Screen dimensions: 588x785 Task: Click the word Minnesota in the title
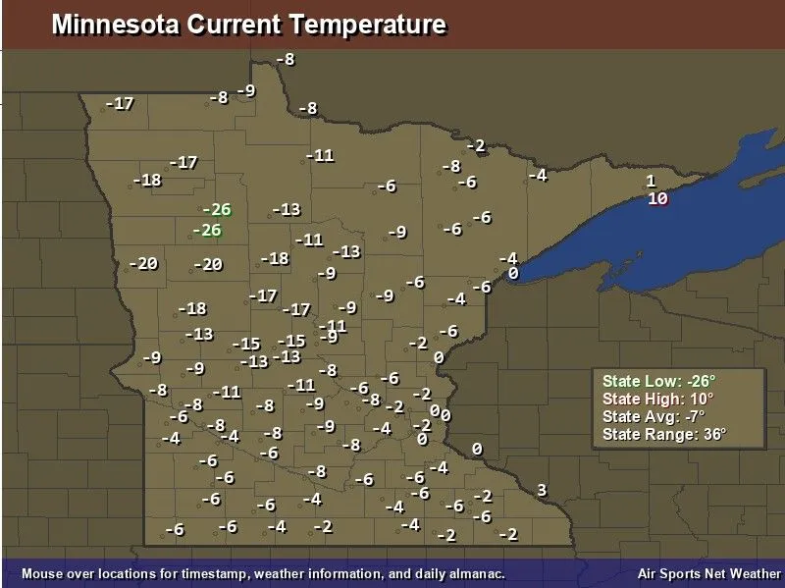(x=116, y=25)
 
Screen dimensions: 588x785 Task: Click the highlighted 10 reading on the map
(x=657, y=198)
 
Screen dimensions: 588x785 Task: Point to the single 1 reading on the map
(x=650, y=181)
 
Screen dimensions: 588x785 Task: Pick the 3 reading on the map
(x=541, y=490)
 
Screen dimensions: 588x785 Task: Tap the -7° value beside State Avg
(x=692, y=416)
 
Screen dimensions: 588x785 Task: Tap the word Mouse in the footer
(x=41, y=573)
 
